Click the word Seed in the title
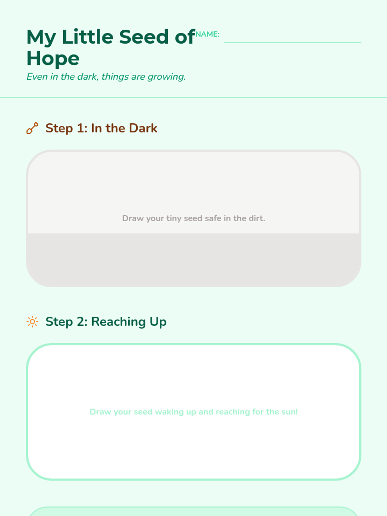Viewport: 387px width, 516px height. pos(144,37)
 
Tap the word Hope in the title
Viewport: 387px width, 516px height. pos(53,59)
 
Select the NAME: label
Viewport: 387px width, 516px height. pos(207,34)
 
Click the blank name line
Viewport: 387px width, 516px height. pos(292,43)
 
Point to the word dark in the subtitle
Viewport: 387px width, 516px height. pos(87,77)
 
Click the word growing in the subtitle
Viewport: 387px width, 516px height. pos(167,77)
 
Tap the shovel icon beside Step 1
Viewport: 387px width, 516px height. pos(33,128)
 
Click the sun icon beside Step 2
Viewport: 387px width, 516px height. pos(33,322)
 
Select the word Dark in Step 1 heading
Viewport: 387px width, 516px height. pos(143,128)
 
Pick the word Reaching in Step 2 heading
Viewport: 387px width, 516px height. pos(118,322)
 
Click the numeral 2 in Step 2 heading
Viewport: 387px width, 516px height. pos(81,322)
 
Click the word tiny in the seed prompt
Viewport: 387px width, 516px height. pos(174,219)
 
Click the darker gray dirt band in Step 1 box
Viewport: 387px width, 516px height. pos(193,259)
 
